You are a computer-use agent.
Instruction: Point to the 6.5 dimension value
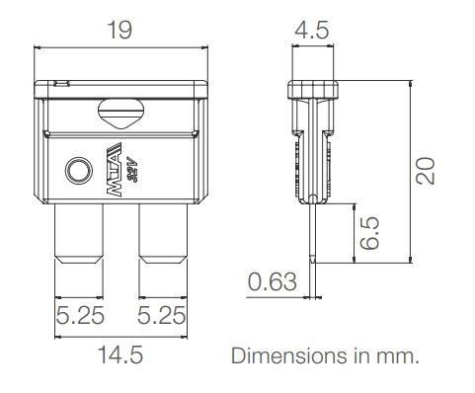click(x=370, y=233)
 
